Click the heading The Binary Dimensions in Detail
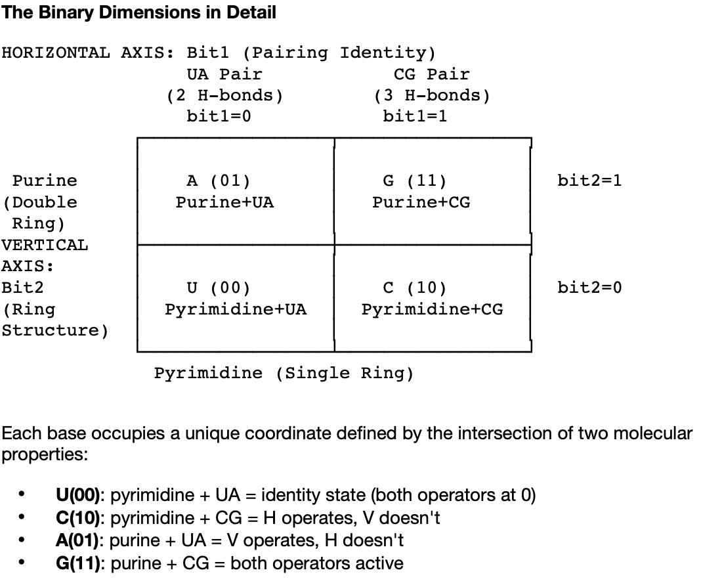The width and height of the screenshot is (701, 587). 138,12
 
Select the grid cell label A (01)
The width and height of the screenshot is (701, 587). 218,181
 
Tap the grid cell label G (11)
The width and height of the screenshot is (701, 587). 415,181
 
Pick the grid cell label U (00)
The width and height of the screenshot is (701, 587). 218,288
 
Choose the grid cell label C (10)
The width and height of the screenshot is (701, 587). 415,288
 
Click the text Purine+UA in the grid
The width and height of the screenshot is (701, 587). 224,202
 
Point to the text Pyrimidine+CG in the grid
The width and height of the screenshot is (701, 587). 432,309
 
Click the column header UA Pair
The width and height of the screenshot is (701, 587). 224,74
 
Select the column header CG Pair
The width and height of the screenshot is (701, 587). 432,74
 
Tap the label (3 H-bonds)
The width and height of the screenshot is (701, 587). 432,96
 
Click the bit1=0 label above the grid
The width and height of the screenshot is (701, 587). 219,117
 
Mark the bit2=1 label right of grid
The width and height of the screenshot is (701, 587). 589,181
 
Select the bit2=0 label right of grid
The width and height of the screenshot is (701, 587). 589,288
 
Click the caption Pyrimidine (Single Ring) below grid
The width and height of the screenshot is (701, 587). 284,374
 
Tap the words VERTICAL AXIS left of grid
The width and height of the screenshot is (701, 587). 44,255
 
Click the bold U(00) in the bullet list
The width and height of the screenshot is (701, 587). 79,495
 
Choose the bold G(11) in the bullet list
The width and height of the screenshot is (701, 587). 80,563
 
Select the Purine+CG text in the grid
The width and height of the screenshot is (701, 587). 421,202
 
